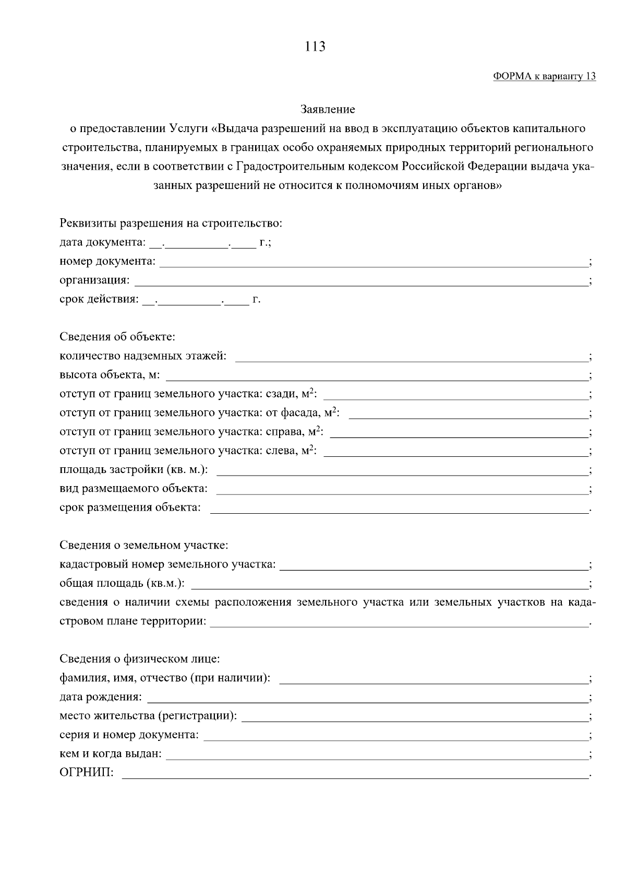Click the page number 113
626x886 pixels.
coord(315,47)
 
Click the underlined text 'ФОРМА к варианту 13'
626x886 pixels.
coord(544,77)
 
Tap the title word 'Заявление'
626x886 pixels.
coord(328,110)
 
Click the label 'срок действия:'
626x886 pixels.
coord(99,300)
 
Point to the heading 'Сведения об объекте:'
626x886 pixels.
coord(117,337)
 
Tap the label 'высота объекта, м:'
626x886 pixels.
coord(110,375)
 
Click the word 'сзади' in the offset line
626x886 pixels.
coord(280,394)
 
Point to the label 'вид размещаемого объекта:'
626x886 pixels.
coord(134,489)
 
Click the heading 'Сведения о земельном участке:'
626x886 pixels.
coord(144,546)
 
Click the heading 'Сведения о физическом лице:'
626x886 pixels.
coord(140,659)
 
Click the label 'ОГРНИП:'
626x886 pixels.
coord(87,773)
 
